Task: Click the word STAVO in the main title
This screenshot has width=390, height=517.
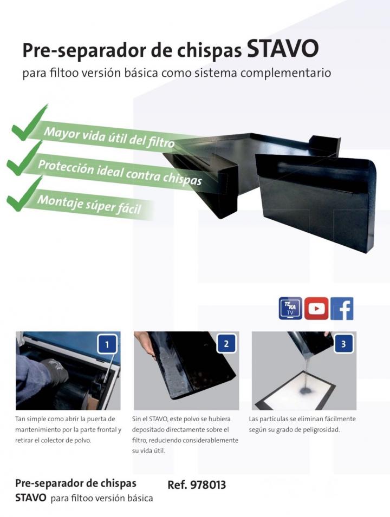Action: tap(282, 49)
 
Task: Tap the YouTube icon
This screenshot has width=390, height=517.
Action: tap(316, 308)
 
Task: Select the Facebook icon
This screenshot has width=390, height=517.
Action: tap(342, 308)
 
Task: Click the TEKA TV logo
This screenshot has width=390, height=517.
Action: tap(290, 308)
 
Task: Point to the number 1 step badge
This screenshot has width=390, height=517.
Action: tap(107, 344)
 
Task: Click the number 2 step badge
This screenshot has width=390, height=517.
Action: tap(226, 344)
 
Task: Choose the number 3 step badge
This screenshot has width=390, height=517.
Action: tap(343, 344)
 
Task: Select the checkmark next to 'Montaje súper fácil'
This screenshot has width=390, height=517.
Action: tap(24, 194)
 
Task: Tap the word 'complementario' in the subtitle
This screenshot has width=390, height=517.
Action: tap(286, 73)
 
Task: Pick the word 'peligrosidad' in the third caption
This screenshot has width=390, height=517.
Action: tap(320, 430)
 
